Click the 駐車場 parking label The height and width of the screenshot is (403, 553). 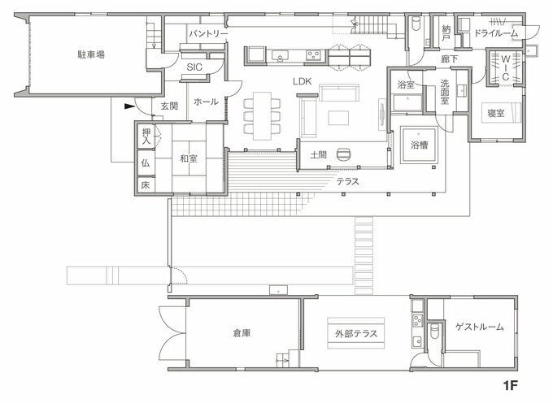[x=91, y=54]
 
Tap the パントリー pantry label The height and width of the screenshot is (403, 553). [x=207, y=34]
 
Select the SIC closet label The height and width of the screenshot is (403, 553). [x=194, y=67]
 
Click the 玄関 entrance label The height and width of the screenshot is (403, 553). [x=169, y=106]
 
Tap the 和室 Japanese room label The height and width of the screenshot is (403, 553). [x=188, y=158]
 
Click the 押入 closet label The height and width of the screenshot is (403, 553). [x=146, y=136]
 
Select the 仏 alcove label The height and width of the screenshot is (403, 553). [x=146, y=162]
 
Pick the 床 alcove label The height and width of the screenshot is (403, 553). [x=146, y=185]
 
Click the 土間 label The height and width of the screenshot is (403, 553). [x=319, y=154]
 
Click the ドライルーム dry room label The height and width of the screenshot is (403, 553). [x=496, y=34]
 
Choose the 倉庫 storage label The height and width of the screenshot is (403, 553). [x=241, y=333]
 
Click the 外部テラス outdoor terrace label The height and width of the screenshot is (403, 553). [x=355, y=333]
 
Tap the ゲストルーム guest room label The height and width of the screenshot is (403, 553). [x=479, y=327]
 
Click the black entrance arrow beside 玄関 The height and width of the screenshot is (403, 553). [x=128, y=106]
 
